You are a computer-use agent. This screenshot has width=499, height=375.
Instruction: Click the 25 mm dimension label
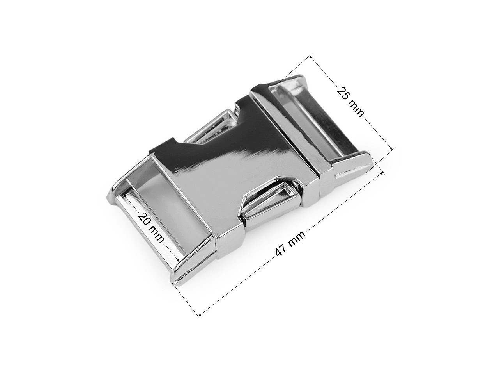point(350,102)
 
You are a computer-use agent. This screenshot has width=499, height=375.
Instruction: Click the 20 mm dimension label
point(151,227)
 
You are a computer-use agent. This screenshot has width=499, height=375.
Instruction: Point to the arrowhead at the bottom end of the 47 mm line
point(200,315)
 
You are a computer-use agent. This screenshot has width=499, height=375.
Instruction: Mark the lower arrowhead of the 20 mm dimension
point(179,261)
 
